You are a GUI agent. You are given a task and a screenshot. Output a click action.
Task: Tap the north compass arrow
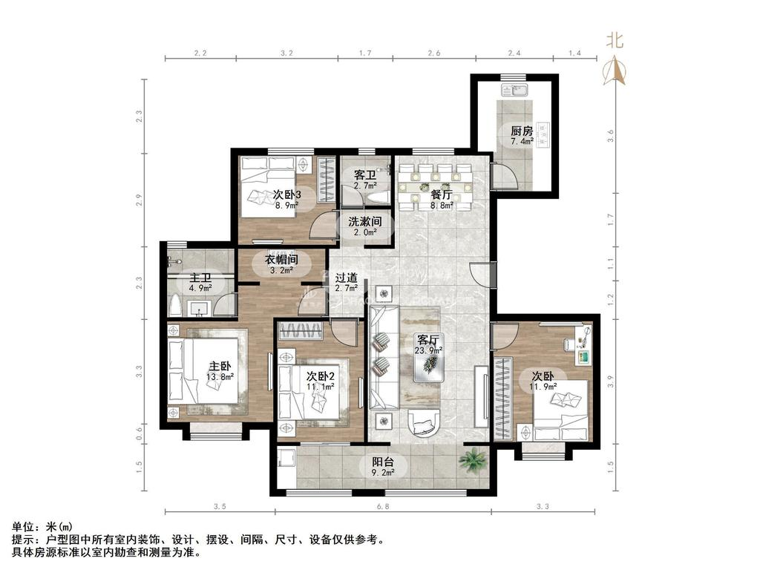pos(614,69)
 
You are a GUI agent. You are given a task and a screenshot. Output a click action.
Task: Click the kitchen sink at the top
pos(514,91)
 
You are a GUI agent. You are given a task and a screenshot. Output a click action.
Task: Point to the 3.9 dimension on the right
pos(611,381)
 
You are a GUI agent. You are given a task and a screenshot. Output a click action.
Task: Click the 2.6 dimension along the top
pos(434,53)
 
